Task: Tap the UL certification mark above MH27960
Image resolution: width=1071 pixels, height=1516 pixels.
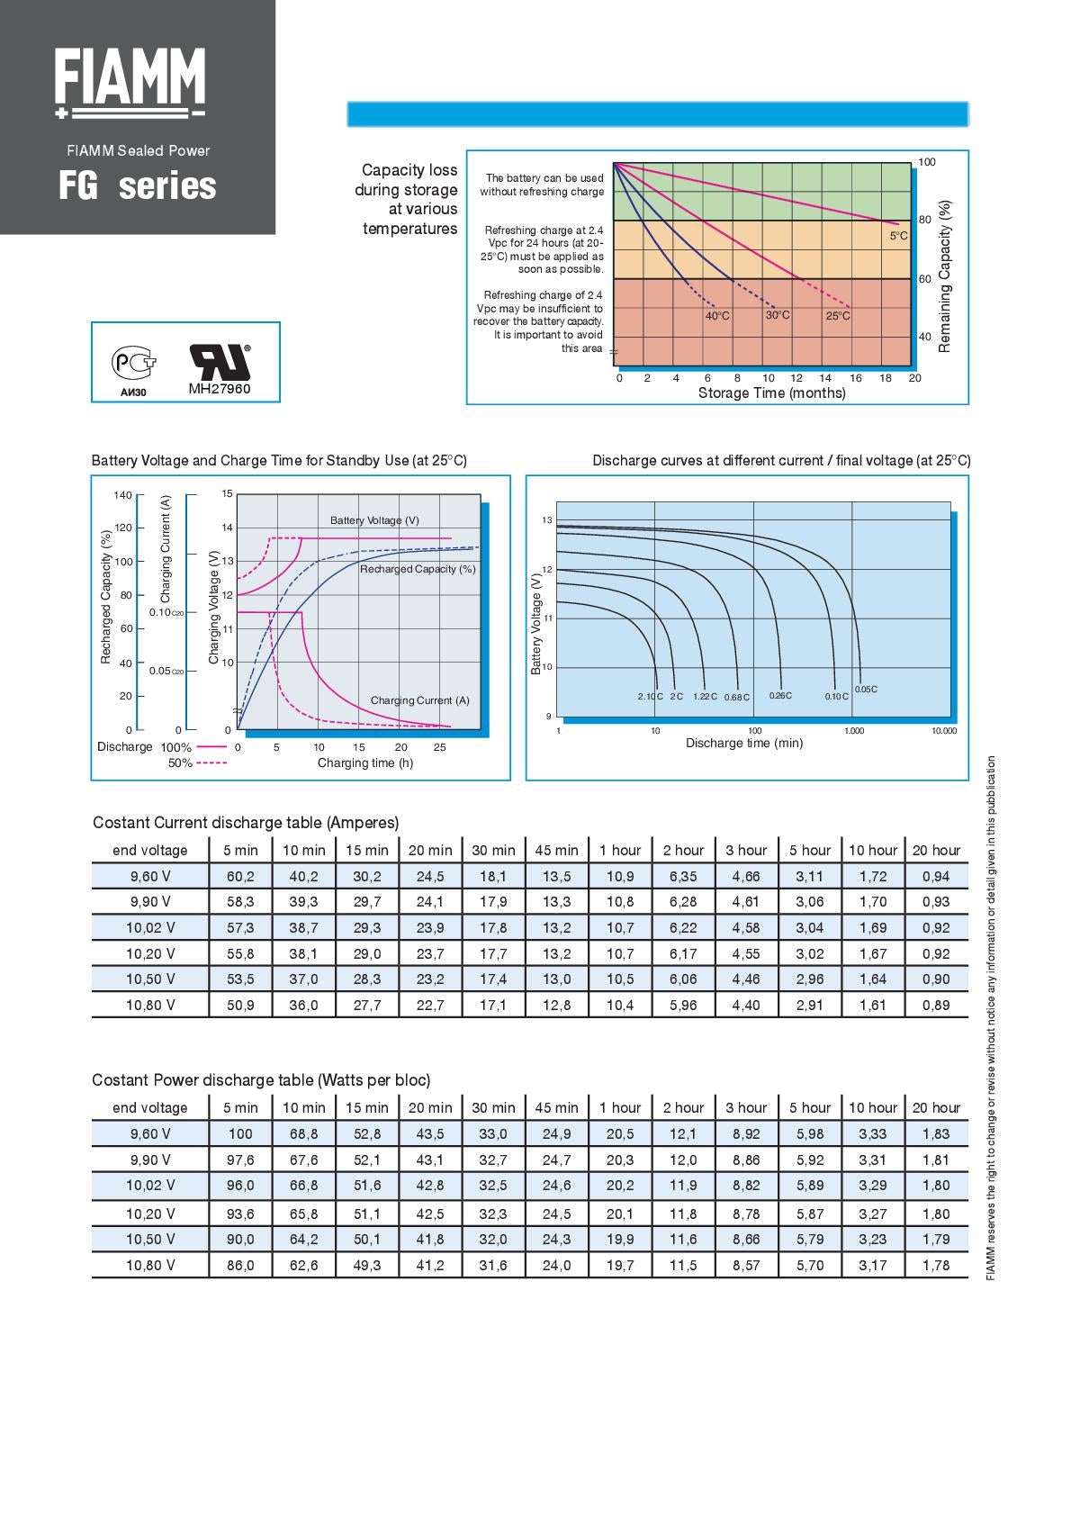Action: [x=219, y=361]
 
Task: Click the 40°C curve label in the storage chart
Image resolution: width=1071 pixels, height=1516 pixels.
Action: [x=717, y=316]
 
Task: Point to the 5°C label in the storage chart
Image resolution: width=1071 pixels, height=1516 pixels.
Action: [x=898, y=236]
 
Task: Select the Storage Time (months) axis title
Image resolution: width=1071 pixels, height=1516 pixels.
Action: [x=771, y=393]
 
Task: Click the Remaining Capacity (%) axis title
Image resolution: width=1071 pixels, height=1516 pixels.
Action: [x=945, y=275]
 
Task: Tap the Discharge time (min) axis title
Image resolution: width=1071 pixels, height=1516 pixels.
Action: [x=743, y=744]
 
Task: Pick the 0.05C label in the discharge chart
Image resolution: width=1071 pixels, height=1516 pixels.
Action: [x=865, y=690]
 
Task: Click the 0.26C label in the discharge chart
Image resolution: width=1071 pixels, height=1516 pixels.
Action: [x=780, y=696]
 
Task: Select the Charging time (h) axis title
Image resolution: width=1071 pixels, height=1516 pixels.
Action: [x=364, y=763]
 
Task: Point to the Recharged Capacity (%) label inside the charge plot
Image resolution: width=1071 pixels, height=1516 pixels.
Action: [x=418, y=569]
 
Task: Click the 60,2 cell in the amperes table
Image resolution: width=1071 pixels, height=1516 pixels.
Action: [x=240, y=876]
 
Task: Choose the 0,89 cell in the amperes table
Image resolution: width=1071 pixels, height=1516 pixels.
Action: [x=936, y=1005]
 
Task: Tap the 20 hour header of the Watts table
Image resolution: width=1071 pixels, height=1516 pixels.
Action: [x=936, y=1107]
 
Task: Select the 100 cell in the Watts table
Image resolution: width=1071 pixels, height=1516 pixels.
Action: [x=240, y=1133]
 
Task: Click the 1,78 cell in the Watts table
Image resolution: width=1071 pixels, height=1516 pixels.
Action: [x=936, y=1265]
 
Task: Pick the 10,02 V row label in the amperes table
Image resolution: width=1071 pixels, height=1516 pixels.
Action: [x=150, y=927]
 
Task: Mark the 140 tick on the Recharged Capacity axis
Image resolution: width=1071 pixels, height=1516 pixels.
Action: [x=122, y=495]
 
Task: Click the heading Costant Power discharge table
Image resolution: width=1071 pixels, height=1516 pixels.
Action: [x=261, y=1080]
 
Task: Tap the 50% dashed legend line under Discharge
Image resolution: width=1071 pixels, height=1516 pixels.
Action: [x=211, y=763]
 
